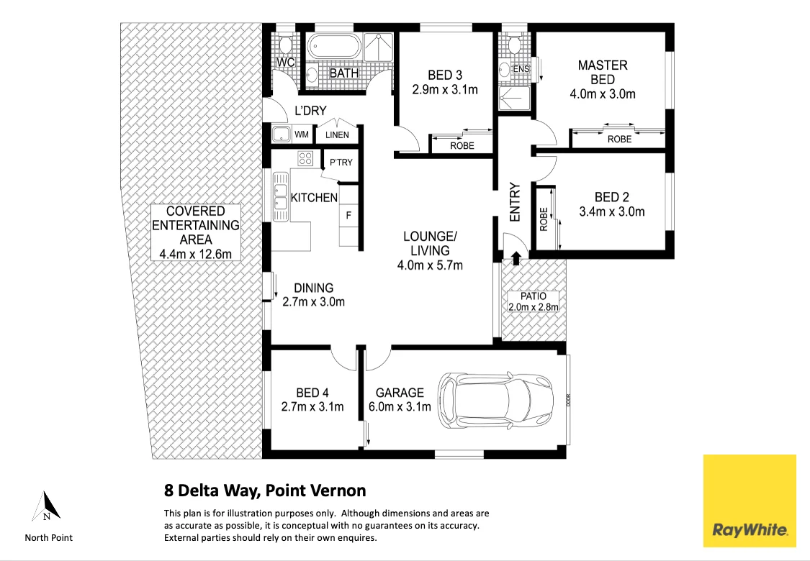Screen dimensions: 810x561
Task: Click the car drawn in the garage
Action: (x=495, y=399)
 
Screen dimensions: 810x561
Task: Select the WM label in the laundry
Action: (x=302, y=134)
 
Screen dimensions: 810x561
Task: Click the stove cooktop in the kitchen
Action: (x=305, y=158)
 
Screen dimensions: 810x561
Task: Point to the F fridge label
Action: (x=348, y=215)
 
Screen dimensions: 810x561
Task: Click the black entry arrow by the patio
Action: (x=516, y=258)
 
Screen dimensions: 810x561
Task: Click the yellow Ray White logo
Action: (x=749, y=500)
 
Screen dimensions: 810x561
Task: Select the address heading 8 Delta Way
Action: (x=265, y=491)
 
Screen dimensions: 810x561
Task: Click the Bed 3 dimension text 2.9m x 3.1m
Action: (x=445, y=90)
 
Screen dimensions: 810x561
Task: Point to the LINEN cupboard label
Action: (x=337, y=135)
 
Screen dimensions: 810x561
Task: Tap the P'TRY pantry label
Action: (x=341, y=162)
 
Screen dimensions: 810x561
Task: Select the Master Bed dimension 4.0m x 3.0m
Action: (x=603, y=94)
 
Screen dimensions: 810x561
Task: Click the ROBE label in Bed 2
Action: (x=544, y=219)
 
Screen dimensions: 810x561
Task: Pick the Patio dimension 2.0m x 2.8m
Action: (x=534, y=307)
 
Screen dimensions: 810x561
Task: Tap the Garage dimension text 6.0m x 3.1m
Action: (x=400, y=406)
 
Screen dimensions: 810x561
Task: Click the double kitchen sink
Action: (x=280, y=196)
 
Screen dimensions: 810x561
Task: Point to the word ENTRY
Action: (x=515, y=202)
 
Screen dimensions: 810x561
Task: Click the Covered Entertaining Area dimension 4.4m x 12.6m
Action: (x=196, y=254)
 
